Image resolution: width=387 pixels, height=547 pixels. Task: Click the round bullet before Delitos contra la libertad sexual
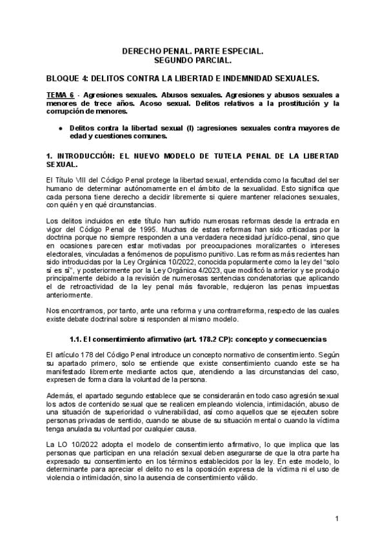(60, 128)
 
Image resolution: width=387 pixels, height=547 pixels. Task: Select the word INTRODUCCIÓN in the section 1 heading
(89, 157)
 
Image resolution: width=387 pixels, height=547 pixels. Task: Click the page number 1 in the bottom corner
(337, 519)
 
